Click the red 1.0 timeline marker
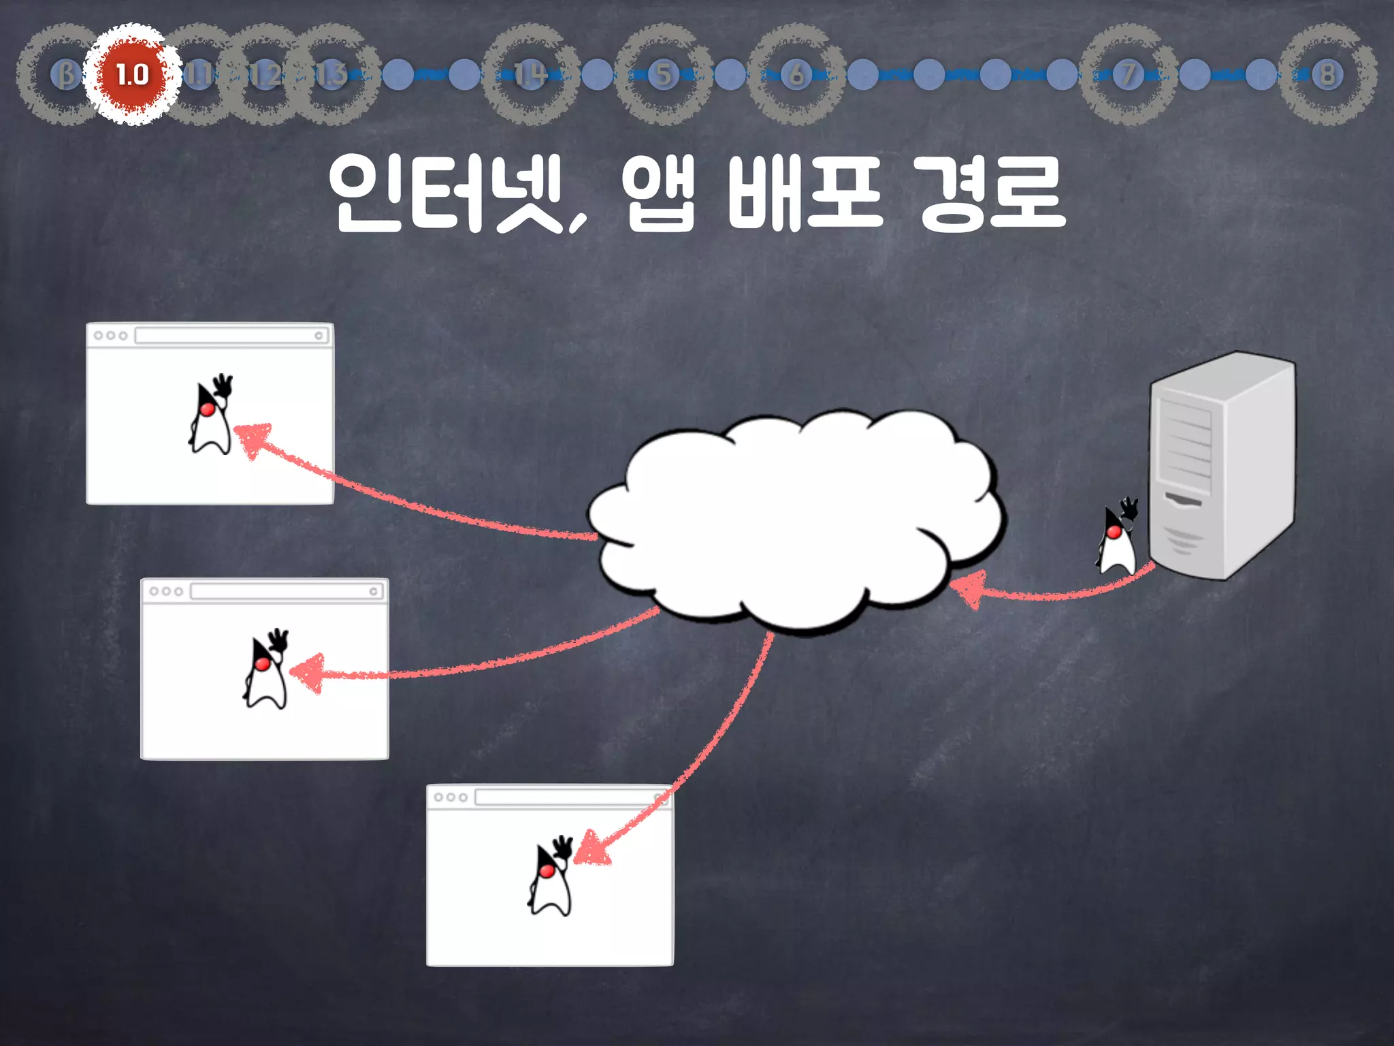point(132,74)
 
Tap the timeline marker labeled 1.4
point(530,74)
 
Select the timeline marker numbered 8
point(1327,74)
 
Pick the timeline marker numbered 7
point(1128,74)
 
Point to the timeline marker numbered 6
point(796,74)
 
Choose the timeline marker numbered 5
point(664,74)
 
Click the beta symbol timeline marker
point(66,74)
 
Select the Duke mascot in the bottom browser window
point(551,876)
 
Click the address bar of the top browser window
point(231,335)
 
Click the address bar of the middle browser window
point(286,591)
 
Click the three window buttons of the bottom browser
point(451,797)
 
